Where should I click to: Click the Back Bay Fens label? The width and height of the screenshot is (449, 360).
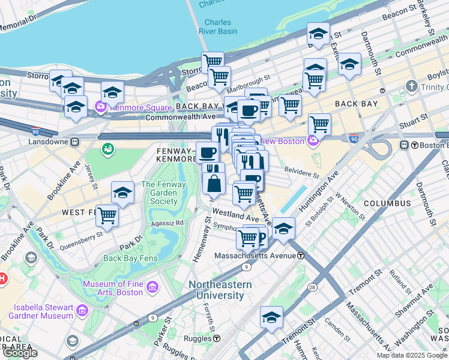tap(129, 258)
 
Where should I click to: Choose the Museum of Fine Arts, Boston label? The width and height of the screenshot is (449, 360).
tap(113, 288)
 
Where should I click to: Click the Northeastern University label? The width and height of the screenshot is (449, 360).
tap(217, 290)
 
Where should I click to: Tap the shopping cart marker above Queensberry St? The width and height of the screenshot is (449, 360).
tap(107, 215)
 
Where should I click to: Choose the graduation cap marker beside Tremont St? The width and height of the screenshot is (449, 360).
tap(271, 316)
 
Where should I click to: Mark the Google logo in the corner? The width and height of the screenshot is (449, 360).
tap(20, 353)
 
